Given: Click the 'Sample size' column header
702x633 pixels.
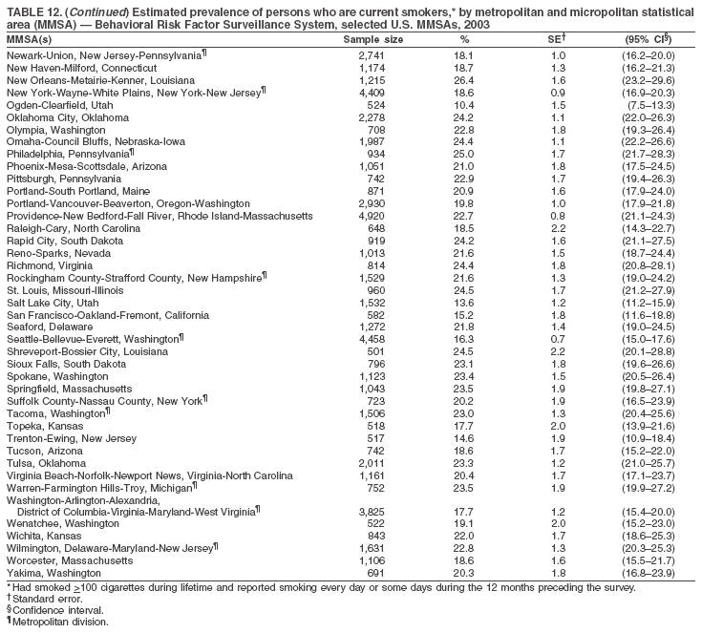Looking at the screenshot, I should tap(372, 40).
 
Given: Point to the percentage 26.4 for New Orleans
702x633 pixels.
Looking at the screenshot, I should tap(464, 81).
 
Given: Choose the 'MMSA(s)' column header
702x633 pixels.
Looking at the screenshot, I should tap(30, 40).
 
